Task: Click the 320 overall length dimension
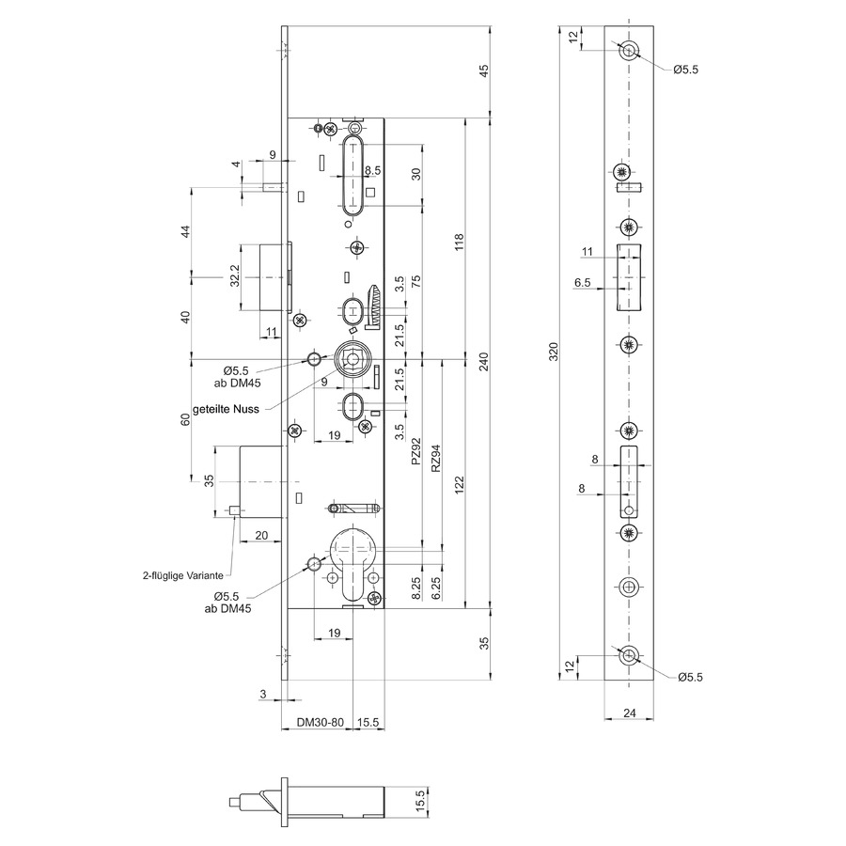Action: (554, 352)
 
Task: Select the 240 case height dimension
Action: (484, 361)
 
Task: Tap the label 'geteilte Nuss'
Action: (226, 409)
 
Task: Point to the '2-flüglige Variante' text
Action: (183, 575)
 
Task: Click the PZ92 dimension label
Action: (415, 451)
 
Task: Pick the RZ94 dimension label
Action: (436, 458)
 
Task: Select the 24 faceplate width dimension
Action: (629, 713)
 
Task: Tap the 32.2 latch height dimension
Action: (235, 275)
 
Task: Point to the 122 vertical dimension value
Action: (459, 485)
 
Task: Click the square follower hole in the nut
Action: (352, 359)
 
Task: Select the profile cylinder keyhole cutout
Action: (352, 564)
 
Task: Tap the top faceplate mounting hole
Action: (629, 52)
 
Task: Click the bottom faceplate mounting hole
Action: (629, 656)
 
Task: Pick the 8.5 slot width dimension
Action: (372, 170)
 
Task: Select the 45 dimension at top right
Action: (484, 70)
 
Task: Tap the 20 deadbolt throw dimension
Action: (261, 535)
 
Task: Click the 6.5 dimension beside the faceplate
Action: (582, 282)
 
